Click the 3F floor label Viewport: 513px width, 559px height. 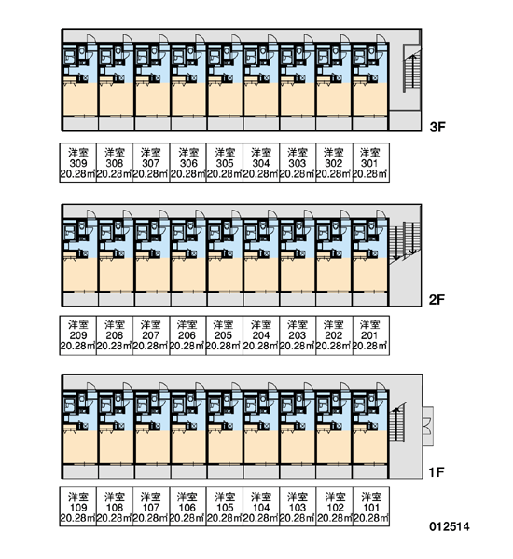click(437, 127)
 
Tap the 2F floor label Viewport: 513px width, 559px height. click(437, 300)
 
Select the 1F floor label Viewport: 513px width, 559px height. click(437, 472)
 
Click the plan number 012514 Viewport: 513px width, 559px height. click(450, 526)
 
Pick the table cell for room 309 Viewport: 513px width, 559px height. click(78, 163)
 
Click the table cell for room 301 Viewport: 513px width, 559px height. click(371, 163)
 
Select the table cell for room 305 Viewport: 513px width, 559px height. click(225, 163)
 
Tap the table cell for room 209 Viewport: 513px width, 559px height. click(78, 335)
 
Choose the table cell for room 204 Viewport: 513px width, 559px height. click(261, 335)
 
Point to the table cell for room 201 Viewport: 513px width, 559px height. click(371, 335)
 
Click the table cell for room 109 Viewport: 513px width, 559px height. click(78, 507)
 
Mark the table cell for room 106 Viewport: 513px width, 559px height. click(188, 507)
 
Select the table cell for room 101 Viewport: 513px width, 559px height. click(371, 507)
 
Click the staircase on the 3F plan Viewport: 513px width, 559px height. click(411, 68)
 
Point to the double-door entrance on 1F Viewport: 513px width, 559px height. click(428, 427)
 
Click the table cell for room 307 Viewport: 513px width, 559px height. click(151, 163)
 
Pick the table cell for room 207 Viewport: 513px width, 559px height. click(151, 335)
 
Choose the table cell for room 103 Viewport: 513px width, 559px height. click(298, 507)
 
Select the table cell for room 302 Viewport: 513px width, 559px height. click(335, 163)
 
